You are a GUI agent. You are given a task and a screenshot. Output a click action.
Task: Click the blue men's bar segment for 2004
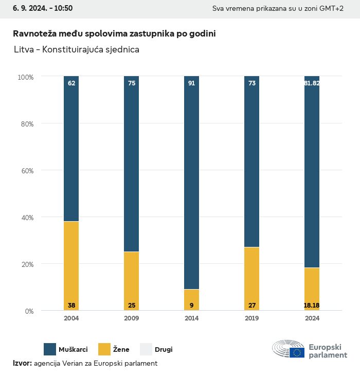[71, 149]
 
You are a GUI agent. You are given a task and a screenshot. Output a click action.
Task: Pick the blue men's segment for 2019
[251, 162]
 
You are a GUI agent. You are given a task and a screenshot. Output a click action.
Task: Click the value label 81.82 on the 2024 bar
[312, 83]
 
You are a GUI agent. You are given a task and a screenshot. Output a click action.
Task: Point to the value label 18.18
[312, 306]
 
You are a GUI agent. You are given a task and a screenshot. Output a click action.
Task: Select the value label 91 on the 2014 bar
[191, 83]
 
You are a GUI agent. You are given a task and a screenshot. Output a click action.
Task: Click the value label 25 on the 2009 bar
[132, 306]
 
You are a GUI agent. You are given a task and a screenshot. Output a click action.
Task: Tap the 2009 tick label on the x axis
[132, 318]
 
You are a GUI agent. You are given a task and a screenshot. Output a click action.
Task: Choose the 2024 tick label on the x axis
[312, 318]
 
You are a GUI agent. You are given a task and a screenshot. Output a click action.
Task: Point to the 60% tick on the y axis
[26, 170]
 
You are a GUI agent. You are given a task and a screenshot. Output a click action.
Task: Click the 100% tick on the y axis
[25, 77]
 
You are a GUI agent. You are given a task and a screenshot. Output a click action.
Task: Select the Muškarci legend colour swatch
[50, 349]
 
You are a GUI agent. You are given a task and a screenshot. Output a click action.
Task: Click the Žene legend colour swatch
[104, 349]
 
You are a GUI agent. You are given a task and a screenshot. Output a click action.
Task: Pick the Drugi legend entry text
[164, 350]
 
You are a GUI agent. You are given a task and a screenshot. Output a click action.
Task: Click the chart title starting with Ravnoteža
[114, 33]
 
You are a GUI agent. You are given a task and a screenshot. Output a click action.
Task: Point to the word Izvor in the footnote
[22, 363]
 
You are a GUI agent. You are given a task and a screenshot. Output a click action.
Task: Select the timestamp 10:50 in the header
[63, 8]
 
